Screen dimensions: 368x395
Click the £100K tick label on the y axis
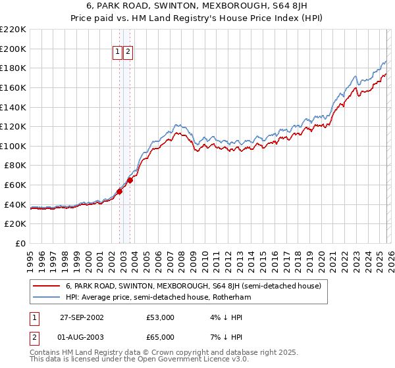coord(13,146)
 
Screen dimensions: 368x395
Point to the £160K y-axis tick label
coord(13,87)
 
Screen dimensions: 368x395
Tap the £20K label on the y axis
coord(15,224)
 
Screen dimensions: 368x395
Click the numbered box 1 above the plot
coord(117,53)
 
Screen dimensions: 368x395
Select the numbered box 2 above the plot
coord(128,53)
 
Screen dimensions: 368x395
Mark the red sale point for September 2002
coord(120,192)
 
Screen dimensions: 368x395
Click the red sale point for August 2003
coord(130,180)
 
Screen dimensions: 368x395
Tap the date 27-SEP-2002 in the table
coord(78,317)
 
